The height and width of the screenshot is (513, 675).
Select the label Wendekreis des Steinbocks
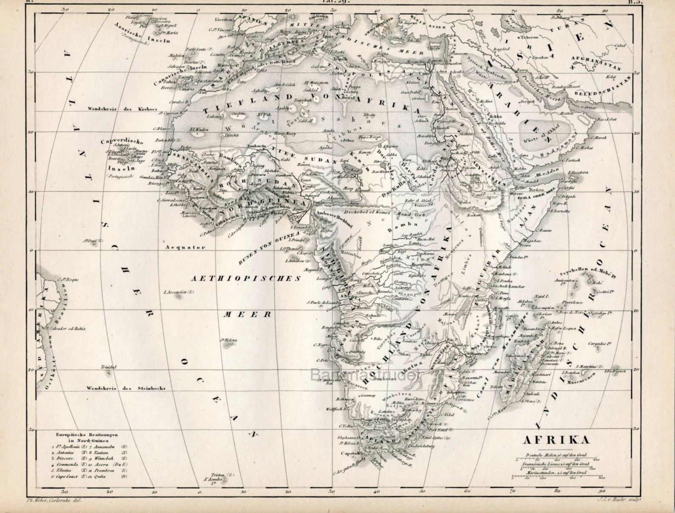[125, 388]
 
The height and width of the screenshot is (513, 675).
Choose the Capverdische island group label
[122, 143]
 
